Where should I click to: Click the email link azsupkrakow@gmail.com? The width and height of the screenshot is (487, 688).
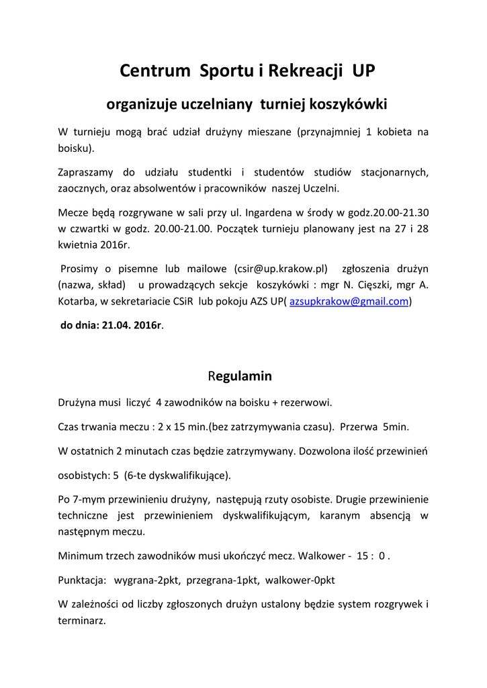coord(349,302)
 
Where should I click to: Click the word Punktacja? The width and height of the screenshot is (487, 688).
coord(82,579)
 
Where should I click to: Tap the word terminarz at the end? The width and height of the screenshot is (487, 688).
coord(82,621)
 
